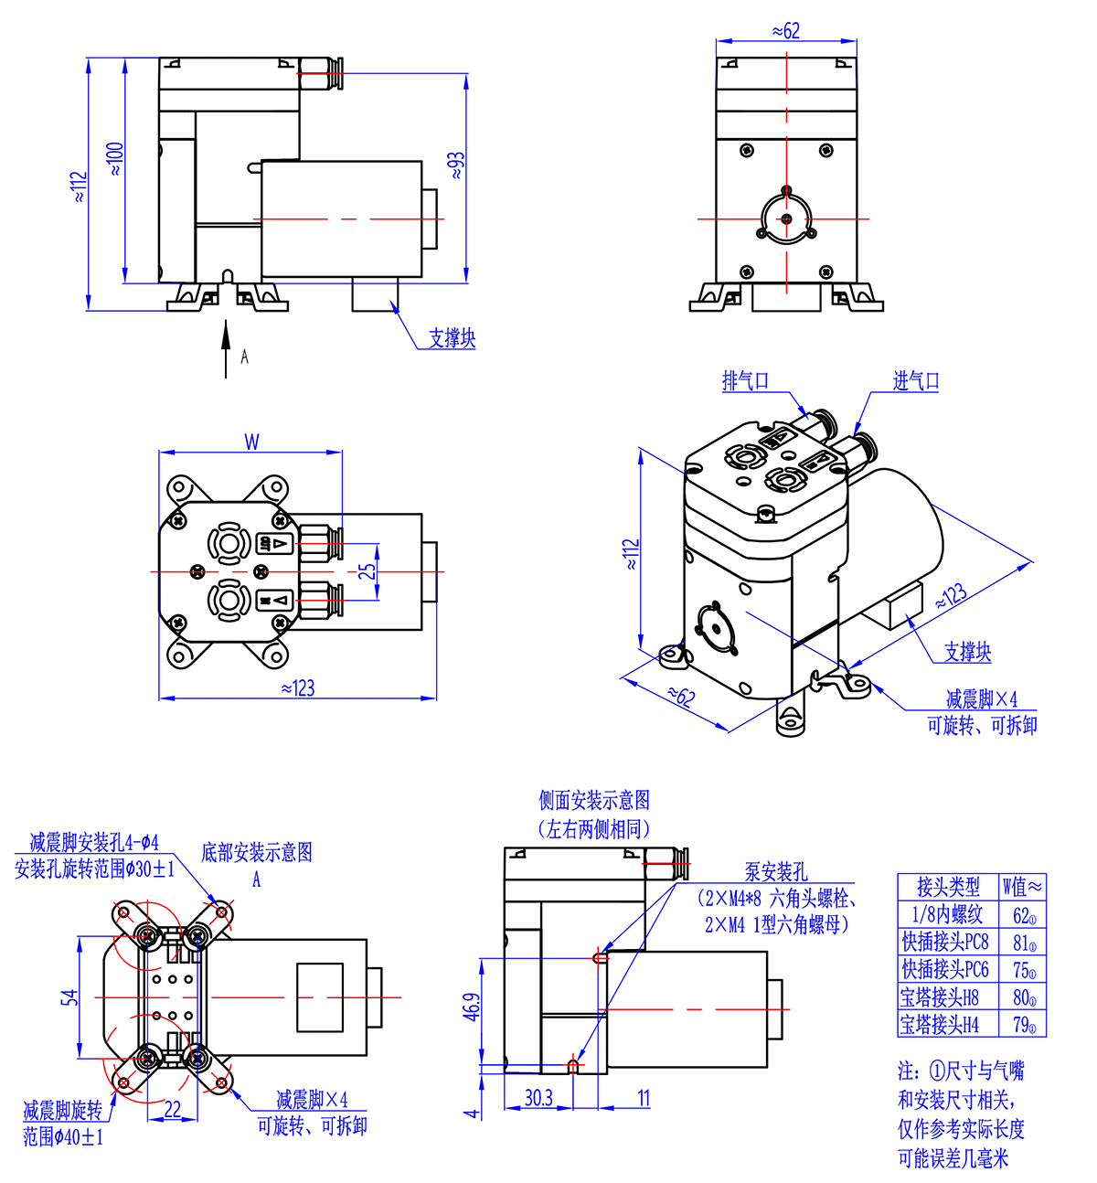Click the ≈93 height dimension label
(456, 165)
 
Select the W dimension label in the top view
(251, 442)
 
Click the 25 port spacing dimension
(367, 571)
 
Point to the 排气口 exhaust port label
(745, 381)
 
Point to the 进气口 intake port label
(915, 381)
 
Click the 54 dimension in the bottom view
(69, 996)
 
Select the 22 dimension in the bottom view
(172, 1109)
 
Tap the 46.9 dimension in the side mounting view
(471, 1007)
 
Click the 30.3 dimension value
(538, 1097)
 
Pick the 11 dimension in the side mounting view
(644, 1097)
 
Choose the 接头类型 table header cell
(947, 886)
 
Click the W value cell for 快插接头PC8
(1023, 942)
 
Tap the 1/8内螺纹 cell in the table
(947, 914)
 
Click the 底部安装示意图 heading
(257, 852)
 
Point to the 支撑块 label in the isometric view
(967, 652)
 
